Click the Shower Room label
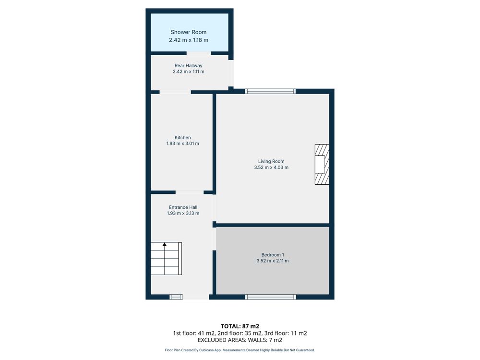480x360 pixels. coord(189,32)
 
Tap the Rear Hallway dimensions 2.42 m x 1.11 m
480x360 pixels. coord(189,72)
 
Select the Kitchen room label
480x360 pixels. coord(183,138)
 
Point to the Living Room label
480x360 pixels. coord(271,161)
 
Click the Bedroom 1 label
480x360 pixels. coord(273,255)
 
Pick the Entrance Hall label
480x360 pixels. coord(183,207)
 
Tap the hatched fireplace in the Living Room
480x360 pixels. coord(322,164)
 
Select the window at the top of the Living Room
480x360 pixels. coord(270,91)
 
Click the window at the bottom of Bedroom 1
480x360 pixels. coord(271,297)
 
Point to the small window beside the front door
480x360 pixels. coord(176,297)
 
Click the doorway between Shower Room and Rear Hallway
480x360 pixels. coord(199,53)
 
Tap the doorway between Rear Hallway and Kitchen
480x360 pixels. coord(175,92)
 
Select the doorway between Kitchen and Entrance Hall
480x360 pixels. coord(190,192)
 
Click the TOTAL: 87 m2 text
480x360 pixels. coord(240,326)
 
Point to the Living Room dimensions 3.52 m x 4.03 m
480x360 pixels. coord(271,168)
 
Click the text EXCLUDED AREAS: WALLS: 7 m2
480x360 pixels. coord(240,340)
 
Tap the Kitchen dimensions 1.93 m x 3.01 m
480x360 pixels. coord(183,144)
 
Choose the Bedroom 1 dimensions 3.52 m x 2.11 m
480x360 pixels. coord(273,261)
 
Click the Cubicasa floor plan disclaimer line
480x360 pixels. coord(240,350)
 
